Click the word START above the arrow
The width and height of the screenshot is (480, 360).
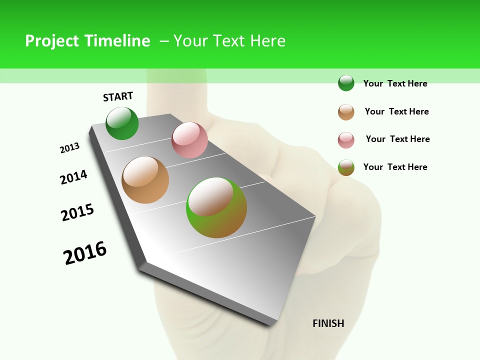[x=118, y=96]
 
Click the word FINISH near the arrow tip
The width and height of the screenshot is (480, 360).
[x=328, y=323]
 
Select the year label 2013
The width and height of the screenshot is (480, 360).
[x=69, y=148]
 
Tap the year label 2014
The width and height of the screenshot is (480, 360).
[x=73, y=177]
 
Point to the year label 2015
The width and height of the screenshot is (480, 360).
[x=77, y=212]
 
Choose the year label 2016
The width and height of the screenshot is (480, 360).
[x=85, y=252]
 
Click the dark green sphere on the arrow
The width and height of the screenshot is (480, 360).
[x=122, y=123]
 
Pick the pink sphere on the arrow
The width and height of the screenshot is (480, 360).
[x=189, y=140]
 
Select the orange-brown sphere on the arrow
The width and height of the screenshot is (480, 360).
[x=145, y=180]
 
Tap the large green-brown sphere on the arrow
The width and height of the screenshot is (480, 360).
[x=216, y=207]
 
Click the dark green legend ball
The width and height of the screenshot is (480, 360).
[x=346, y=83]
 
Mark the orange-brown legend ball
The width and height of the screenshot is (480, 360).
[x=346, y=111]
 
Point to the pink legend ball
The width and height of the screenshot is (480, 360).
[x=346, y=139]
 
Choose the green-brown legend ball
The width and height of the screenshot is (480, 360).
[x=346, y=167]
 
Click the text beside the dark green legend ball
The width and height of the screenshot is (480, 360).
[x=395, y=83]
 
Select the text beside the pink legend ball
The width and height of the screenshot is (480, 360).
[x=397, y=139]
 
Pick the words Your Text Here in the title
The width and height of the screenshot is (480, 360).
[x=229, y=41]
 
